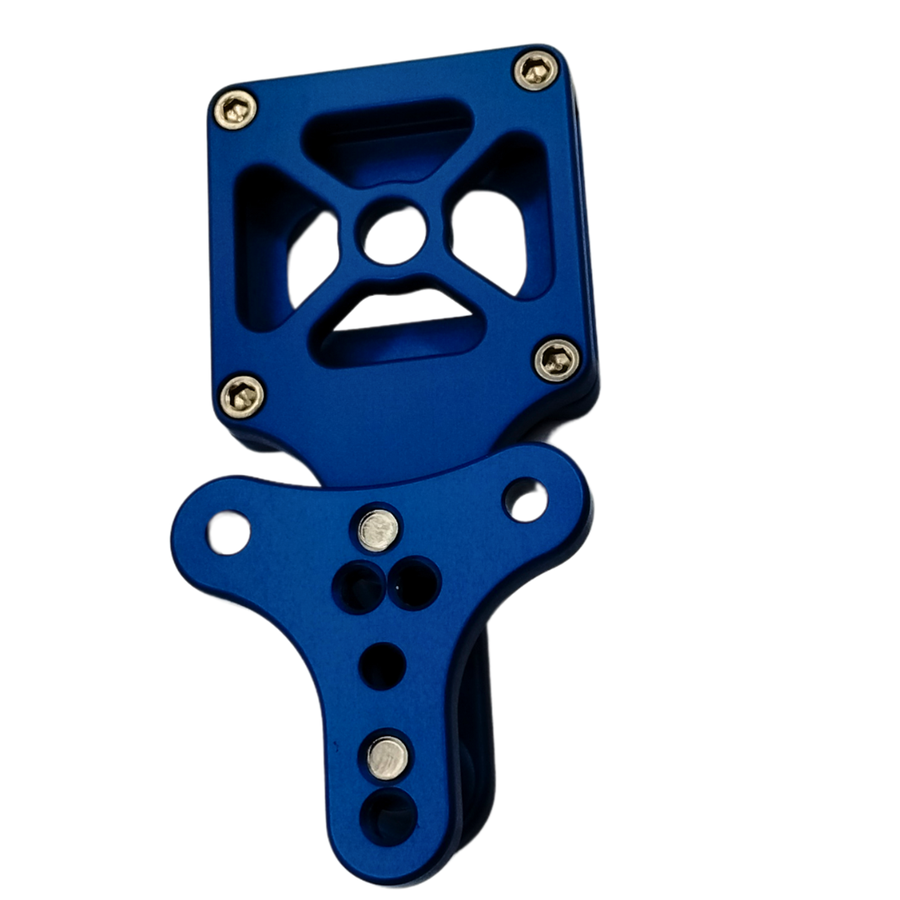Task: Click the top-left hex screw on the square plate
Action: click(x=235, y=109)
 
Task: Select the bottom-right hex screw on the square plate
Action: click(x=556, y=360)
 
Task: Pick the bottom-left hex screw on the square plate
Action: click(x=242, y=395)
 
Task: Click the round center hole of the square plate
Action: click(x=395, y=236)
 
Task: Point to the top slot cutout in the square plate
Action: click(x=386, y=137)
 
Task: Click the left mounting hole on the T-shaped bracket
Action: click(x=228, y=533)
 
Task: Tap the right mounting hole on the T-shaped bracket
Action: click(x=527, y=501)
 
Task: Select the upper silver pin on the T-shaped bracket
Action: click(x=379, y=530)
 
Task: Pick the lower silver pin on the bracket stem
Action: click(x=387, y=757)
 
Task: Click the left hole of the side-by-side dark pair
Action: click(x=358, y=587)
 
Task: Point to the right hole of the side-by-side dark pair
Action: click(x=415, y=582)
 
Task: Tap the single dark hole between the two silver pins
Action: click(x=382, y=666)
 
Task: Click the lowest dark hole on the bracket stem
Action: click(x=389, y=816)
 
